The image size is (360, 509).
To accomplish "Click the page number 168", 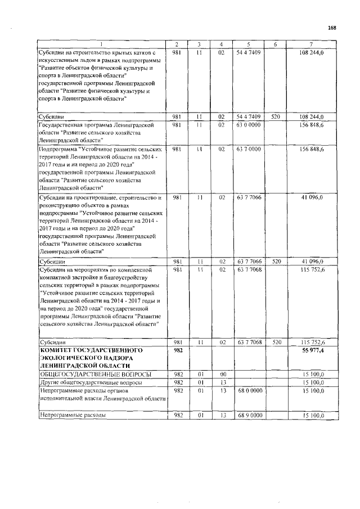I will [x=332, y=28].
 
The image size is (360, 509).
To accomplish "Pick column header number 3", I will [x=199, y=44].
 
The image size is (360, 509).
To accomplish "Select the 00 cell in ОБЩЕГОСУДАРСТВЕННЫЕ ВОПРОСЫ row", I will [x=222, y=373].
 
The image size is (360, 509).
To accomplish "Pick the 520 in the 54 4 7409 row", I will [x=276, y=116].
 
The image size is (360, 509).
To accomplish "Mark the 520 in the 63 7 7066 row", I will [x=276, y=262].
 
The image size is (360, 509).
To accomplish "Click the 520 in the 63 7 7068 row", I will [x=276, y=342].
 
